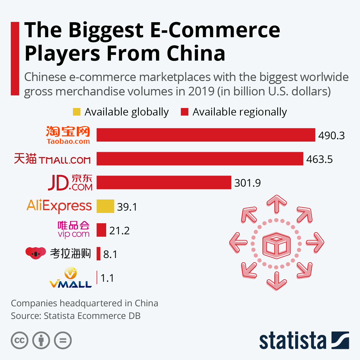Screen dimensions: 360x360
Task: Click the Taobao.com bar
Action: [206, 135]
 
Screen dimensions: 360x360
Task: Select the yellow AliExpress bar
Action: [105, 206]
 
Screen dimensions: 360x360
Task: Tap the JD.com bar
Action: [164, 183]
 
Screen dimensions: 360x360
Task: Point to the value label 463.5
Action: [319, 159]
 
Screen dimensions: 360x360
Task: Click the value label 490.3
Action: [331, 135]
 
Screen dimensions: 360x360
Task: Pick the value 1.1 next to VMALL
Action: [107, 278]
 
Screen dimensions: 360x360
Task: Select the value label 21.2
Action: [119, 230]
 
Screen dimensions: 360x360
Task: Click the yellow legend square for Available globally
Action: [77, 112]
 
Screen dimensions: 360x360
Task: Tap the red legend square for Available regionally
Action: [184, 112]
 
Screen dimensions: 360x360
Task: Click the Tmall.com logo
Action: [52, 159]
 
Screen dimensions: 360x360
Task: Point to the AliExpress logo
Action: [59, 206]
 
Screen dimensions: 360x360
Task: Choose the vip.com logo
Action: [73, 230]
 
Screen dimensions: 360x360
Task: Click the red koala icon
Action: [36, 253]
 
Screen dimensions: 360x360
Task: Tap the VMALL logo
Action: [70, 278]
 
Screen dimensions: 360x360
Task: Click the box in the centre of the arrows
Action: [276, 243]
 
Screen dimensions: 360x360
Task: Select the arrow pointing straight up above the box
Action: [277, 204]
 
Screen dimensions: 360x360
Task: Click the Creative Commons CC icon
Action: [19, 340]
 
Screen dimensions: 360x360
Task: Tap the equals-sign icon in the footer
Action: [63, 340]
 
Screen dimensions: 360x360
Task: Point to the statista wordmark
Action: [292, 341]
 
